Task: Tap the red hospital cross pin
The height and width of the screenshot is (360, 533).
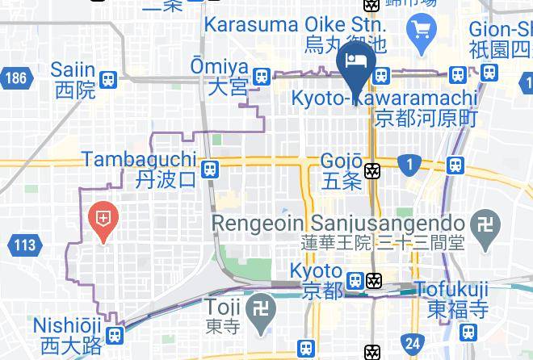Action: tap(103, 219)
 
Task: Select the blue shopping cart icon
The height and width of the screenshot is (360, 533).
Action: tap(422, 31)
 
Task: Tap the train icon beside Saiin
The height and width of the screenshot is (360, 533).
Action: tap(109, 79)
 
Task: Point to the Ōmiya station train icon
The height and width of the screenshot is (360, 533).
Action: tap(261, 77)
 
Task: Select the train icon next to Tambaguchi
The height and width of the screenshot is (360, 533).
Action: tap(209, 169)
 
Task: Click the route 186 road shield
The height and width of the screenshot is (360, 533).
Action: tap(15, 78)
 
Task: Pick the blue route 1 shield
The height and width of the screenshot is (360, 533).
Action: tap(409, 165)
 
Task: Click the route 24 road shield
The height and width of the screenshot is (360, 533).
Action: tap(413, 343)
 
